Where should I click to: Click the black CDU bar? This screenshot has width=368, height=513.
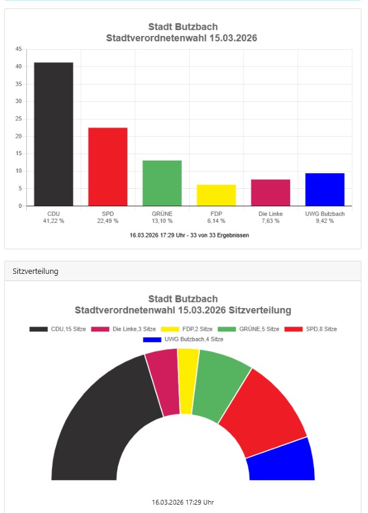click(53, 134)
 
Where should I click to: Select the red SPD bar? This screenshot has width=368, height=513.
click(108, 167)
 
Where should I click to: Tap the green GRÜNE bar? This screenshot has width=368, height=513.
click(162, 183)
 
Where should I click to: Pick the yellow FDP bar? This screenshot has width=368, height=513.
click(216, 195)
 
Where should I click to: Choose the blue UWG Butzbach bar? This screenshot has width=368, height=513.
click(324, 189)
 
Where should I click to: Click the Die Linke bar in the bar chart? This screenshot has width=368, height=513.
click(270, 192)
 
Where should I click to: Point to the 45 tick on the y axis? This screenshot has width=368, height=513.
click(19, 49)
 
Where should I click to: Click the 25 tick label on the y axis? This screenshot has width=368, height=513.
click(19, 119)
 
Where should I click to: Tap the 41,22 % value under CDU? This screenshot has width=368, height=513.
click(53, 221)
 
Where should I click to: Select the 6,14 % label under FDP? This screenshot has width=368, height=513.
click(216, 221)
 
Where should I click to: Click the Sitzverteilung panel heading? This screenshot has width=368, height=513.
click(35, 271)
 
